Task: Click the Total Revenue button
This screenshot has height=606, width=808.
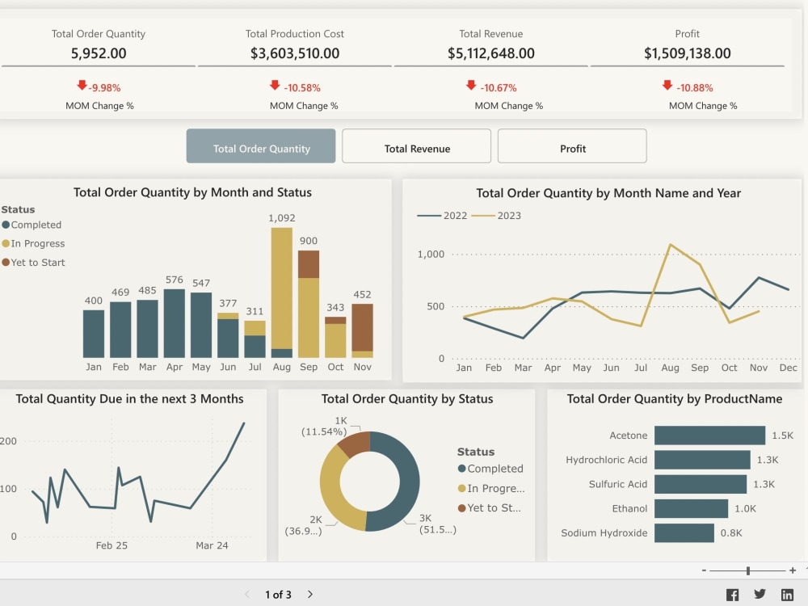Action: tap(416, 148)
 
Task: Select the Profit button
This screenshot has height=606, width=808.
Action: tap(572, 148)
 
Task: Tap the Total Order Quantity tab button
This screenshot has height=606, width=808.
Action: tap(261, 148)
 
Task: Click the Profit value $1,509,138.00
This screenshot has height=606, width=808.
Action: tap(687, 54)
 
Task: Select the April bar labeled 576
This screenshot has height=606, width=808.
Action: tap(174, 323)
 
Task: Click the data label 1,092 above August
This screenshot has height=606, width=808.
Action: tap(281, 218)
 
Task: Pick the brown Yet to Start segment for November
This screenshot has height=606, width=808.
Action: tap(362, 327)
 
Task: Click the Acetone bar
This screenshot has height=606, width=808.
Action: tap(709, 436)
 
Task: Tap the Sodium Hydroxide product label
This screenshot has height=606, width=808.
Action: tap(604, 533)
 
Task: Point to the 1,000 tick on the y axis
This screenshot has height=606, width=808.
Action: tap(431, 255)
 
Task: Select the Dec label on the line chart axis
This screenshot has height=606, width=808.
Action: tap(789, 368)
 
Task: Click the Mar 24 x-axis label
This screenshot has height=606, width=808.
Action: tap(211, 545)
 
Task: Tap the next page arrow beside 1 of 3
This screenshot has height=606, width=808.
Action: tap(310, 595)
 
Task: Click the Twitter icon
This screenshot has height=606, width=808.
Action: tap(760, 595)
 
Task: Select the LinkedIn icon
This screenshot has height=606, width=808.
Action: tap(787, 595)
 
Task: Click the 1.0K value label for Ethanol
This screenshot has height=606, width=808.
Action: tap(745, 508)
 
